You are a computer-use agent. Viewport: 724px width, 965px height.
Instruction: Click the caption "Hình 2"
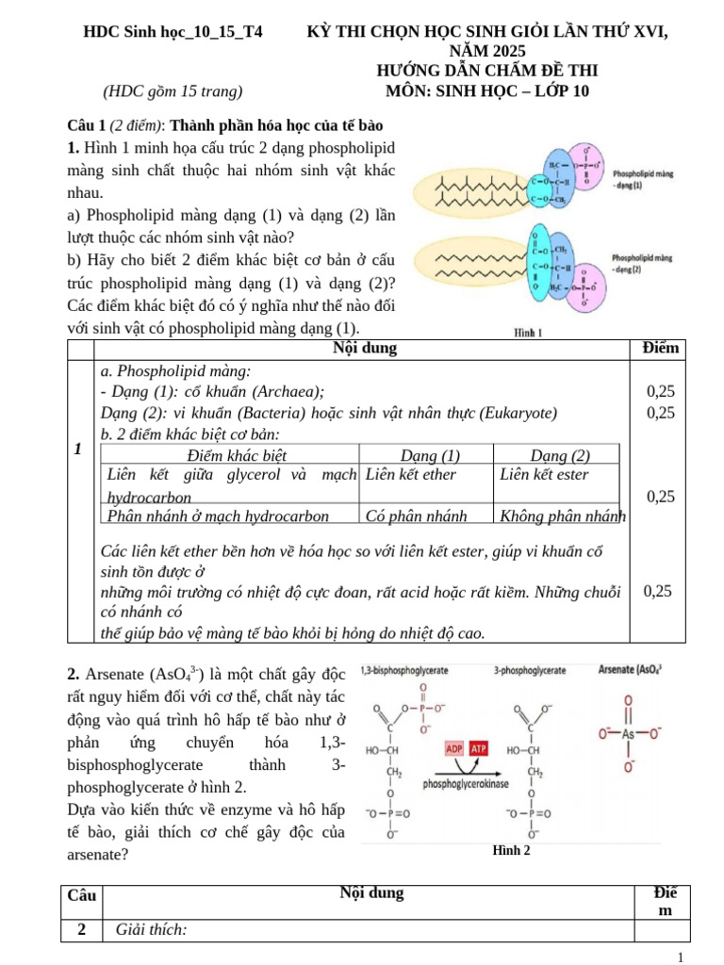pos(511,850)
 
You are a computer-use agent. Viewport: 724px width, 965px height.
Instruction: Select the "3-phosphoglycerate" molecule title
pos(529,671)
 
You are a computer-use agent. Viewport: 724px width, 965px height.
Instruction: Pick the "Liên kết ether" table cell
pos(410,474)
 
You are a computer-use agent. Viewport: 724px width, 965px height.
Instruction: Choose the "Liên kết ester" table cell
pos(544,474)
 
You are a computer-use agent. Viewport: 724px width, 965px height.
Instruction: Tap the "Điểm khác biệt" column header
pos(230,454)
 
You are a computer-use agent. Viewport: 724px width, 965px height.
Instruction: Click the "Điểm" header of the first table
pos(660,349)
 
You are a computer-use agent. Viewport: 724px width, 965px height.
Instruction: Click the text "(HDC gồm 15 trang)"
pos(173,90)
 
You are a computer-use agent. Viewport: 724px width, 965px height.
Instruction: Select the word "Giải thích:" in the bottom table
pos(151,930)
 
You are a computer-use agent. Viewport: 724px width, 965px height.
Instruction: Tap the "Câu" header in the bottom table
pos(82,893)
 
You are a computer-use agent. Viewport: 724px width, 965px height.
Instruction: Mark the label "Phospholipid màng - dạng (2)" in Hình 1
pos(642,262)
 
